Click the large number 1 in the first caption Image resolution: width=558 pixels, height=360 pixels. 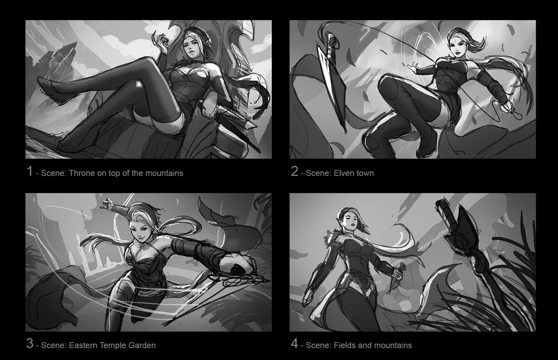[30, 171]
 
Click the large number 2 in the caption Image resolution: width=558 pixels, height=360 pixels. [295, 171]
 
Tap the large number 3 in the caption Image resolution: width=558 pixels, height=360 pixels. [30, 344]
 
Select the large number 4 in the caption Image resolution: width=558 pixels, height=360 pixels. [295, 344]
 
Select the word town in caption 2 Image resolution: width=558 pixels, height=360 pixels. [365, 173]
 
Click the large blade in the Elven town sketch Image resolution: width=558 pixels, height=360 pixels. [331, 82]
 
